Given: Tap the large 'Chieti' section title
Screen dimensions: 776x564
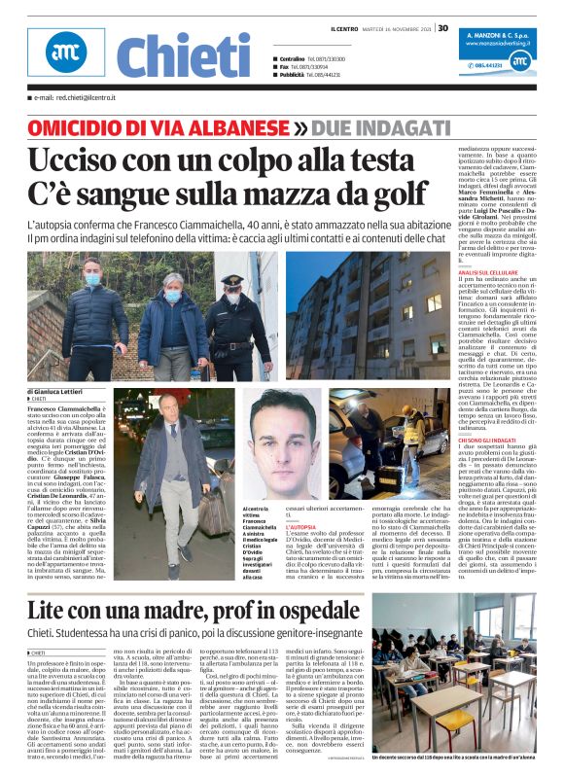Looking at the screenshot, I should (176, 55).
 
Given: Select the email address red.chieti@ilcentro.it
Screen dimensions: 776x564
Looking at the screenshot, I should (77, 99).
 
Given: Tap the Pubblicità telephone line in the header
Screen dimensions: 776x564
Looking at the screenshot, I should (311, 74).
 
